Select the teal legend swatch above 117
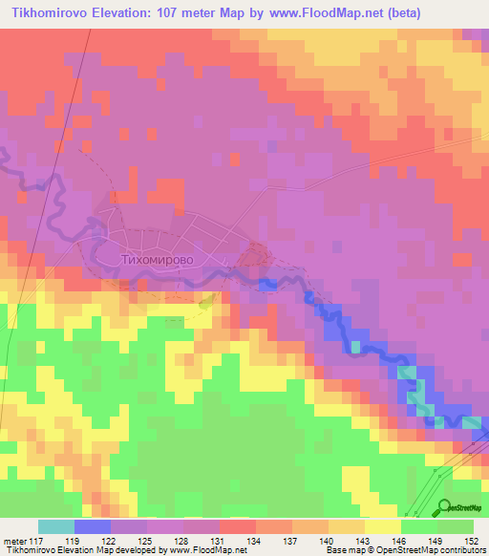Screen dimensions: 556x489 pos(55,526)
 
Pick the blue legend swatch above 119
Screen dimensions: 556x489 pos(92,526)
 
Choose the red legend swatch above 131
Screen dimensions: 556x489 pos(237,526)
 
